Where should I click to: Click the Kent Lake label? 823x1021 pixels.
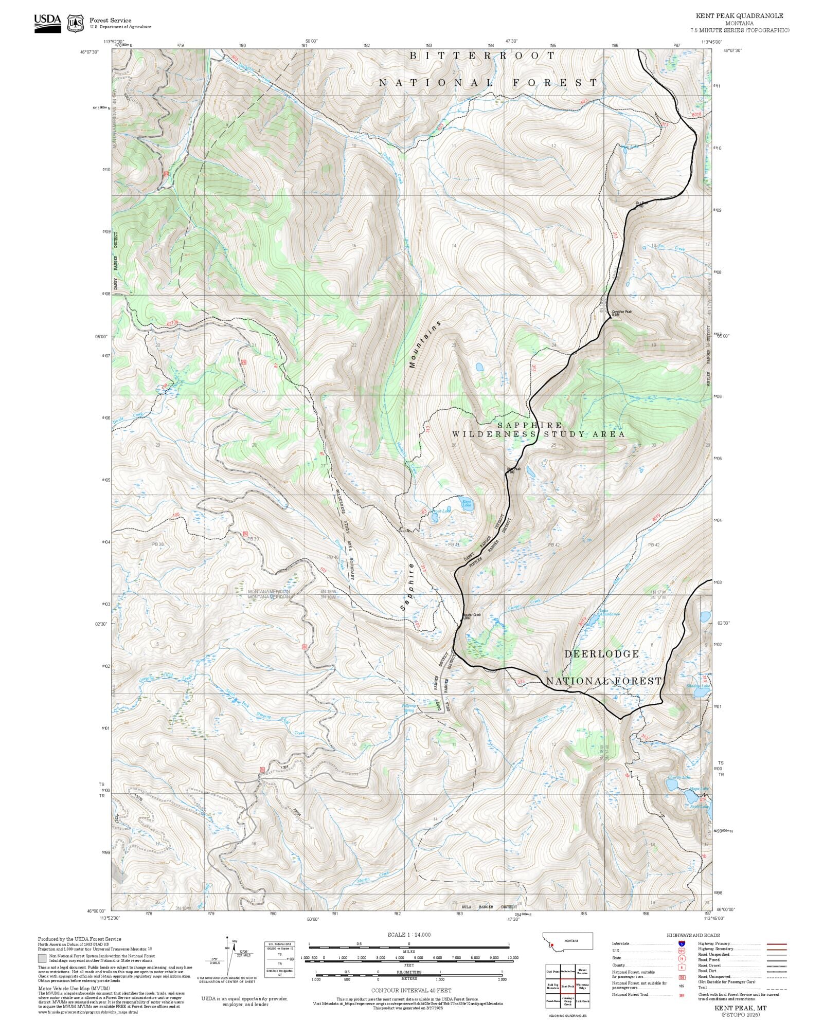click(x=466, y=503)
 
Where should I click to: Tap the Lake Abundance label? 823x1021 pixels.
click(x=610, y=613)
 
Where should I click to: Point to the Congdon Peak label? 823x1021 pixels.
click(x=621, y=313)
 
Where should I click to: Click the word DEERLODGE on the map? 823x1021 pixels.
click(x=601, y=654)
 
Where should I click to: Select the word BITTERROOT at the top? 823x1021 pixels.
click(x=482, y=56)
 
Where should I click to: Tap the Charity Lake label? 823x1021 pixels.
click(x=678, y=777)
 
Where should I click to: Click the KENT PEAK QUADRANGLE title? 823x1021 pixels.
click(x=739, y=16)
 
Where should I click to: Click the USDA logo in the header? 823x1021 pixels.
click(x=47, y=23)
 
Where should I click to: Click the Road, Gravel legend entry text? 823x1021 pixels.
click(x=711, y=965)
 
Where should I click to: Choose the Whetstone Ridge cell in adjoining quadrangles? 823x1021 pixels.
click(x=582, y=986)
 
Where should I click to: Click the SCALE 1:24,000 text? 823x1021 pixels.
click(x=409, y=934)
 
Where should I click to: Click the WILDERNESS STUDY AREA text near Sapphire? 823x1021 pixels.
click(x=538, y=434)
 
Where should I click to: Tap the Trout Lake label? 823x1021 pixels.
click(x=441, y=511)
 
